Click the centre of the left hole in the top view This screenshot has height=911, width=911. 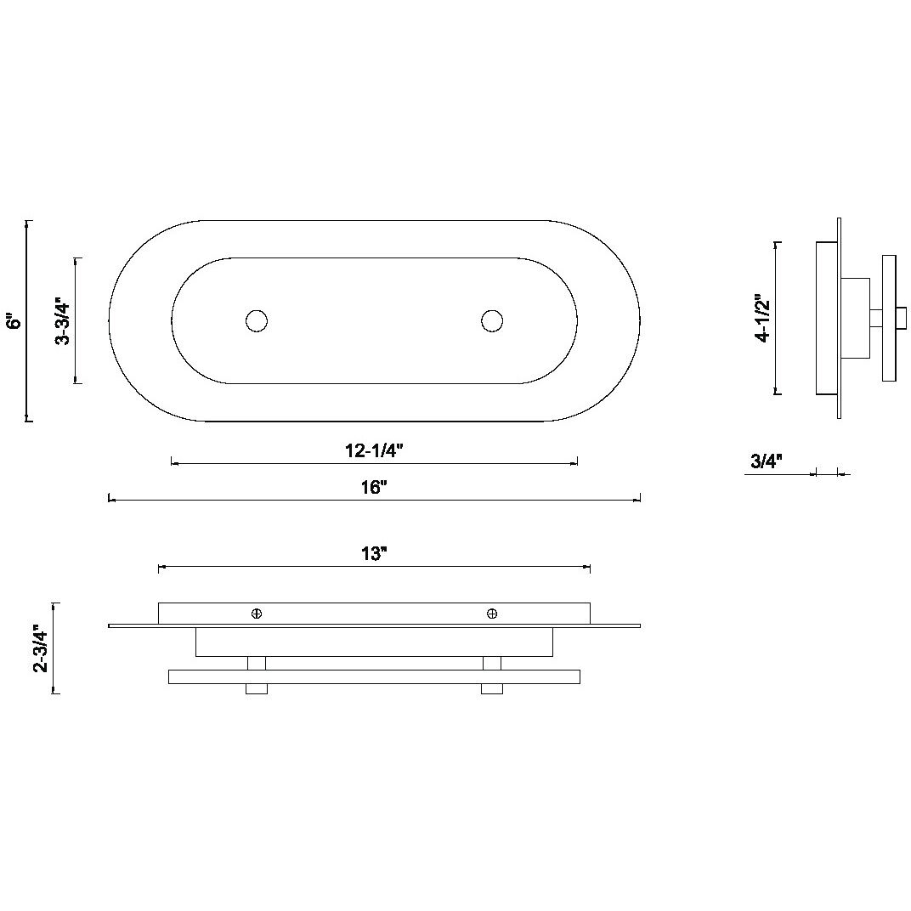pos(257,320)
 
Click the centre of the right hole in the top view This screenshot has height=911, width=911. pos(492,320)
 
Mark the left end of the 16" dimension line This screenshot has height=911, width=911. pos(110,499)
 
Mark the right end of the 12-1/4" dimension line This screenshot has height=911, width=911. pos(577,464)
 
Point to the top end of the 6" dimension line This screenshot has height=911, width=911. pos(27,221)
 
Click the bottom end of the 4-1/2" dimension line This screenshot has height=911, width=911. pos(776,394)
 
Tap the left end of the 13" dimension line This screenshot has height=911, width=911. pos(159,567)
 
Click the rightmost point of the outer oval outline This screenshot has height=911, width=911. pos(640,320)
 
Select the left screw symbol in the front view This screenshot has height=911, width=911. pos(257,614)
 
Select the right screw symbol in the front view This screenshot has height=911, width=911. pos(492,614)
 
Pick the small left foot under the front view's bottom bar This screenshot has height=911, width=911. pos(257,688)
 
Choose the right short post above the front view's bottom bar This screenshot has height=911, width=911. pos(491,663)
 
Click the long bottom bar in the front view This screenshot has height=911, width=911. pos(374,676)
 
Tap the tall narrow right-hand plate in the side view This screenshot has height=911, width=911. pos(889,318)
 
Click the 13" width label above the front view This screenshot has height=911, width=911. pos(374,553)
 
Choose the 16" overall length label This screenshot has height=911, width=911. pos(374,487)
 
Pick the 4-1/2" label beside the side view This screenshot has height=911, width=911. pos(762,319)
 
